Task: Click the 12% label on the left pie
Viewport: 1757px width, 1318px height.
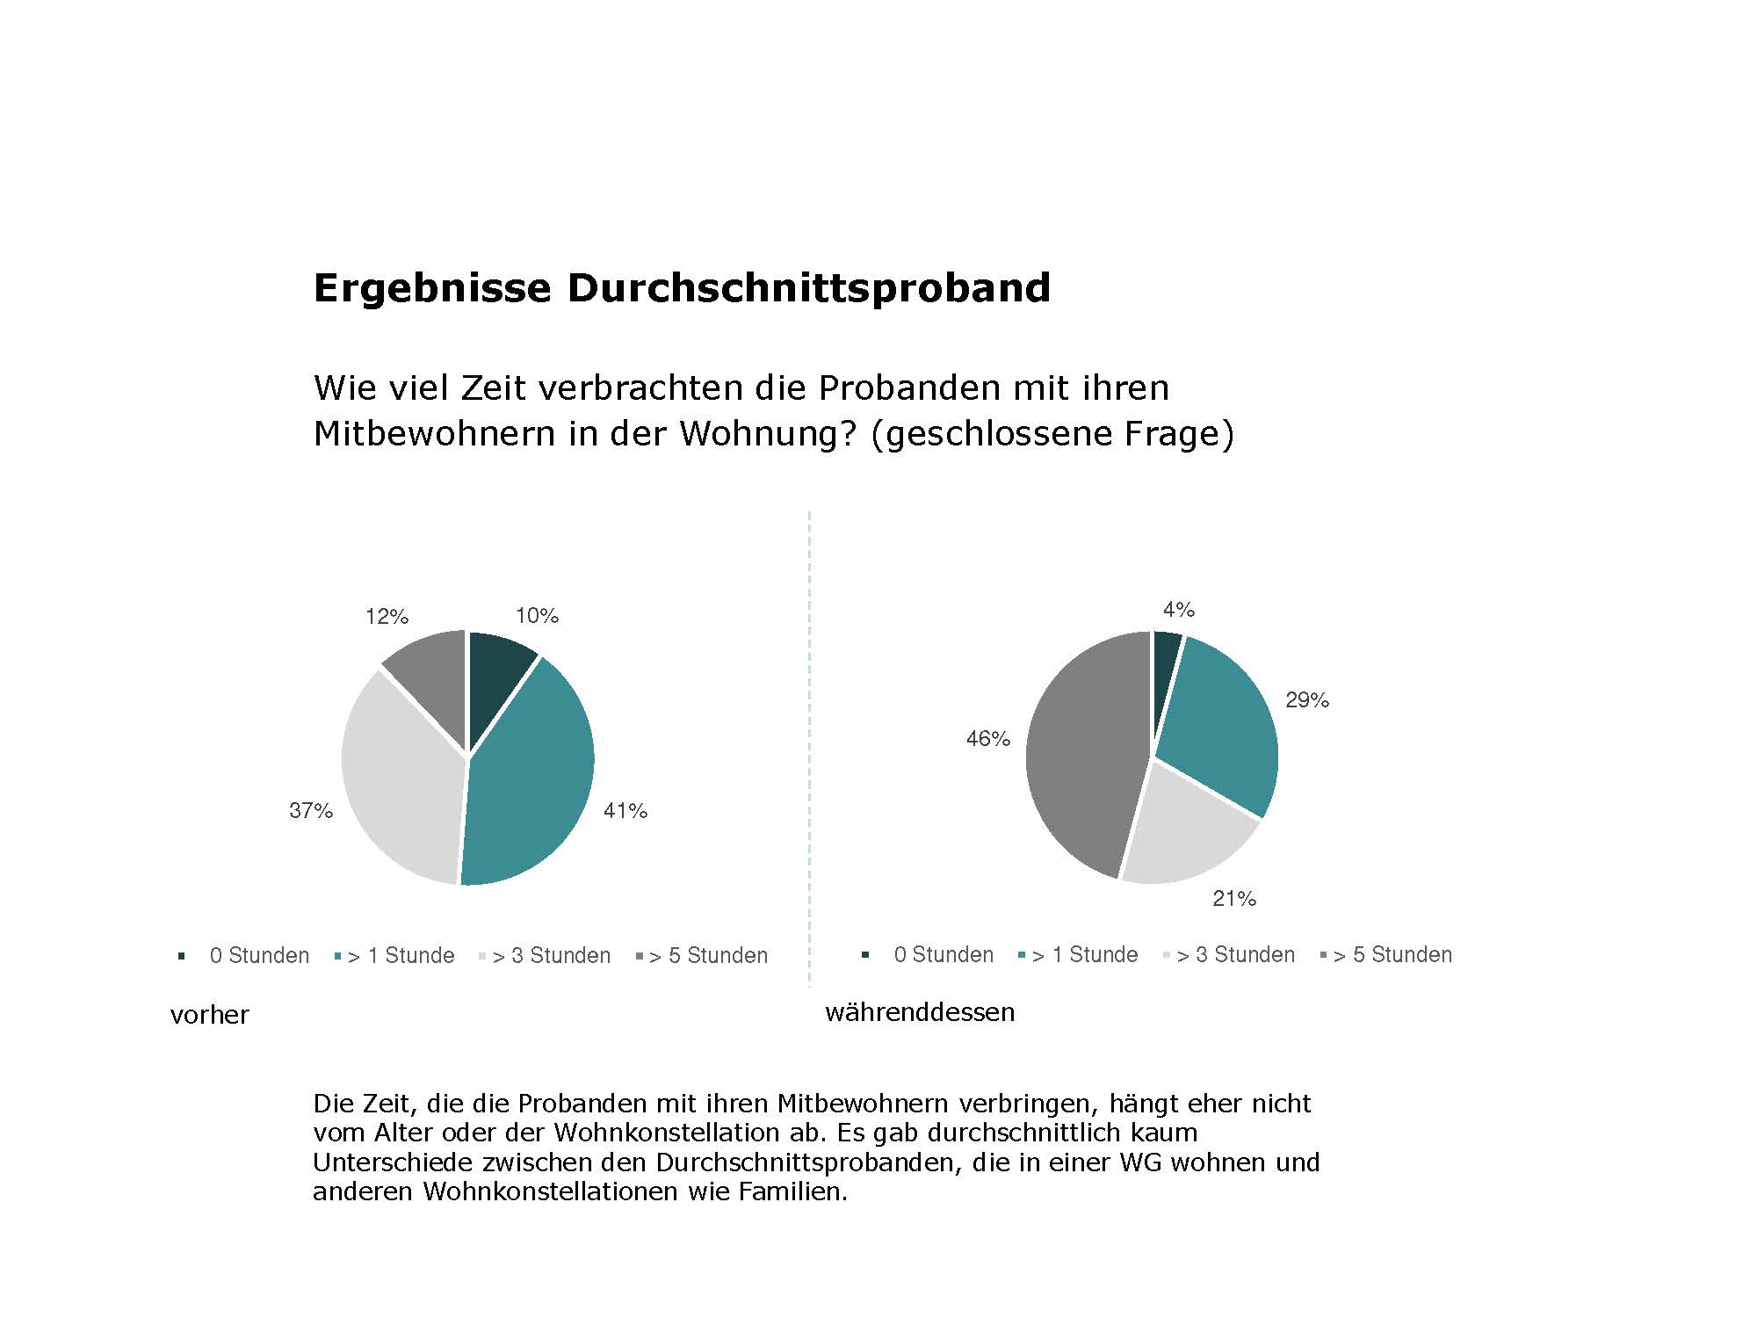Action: coord(387,617)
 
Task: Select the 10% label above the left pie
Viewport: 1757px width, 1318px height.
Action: coord(537,616)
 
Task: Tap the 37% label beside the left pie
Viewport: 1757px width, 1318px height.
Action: coord(311,811)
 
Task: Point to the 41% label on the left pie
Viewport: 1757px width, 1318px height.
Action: coord(625,811)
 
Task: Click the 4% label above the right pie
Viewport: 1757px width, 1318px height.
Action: coord(1178,610)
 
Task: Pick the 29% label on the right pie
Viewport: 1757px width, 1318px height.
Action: coord(1307,700)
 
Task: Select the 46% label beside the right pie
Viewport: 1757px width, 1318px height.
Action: coord(988,739)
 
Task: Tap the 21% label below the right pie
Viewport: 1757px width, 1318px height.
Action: coord(1234,899)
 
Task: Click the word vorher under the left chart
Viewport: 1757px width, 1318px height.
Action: coord(210,1016)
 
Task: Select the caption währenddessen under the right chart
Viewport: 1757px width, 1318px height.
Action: coord(920,1012)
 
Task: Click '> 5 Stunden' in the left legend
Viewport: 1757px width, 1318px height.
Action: coord(708,956)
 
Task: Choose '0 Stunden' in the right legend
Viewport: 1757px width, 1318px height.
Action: coord(944,955)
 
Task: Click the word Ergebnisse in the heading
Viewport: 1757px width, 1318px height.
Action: coord(432,288)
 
